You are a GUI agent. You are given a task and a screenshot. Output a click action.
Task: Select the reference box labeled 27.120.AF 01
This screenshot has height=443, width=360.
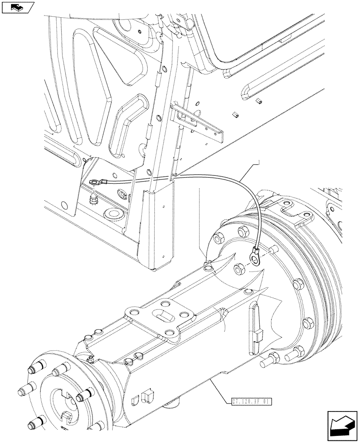click(x=251, y=402)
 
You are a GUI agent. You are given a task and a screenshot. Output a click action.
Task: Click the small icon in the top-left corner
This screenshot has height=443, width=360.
click(x=18, y=7)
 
